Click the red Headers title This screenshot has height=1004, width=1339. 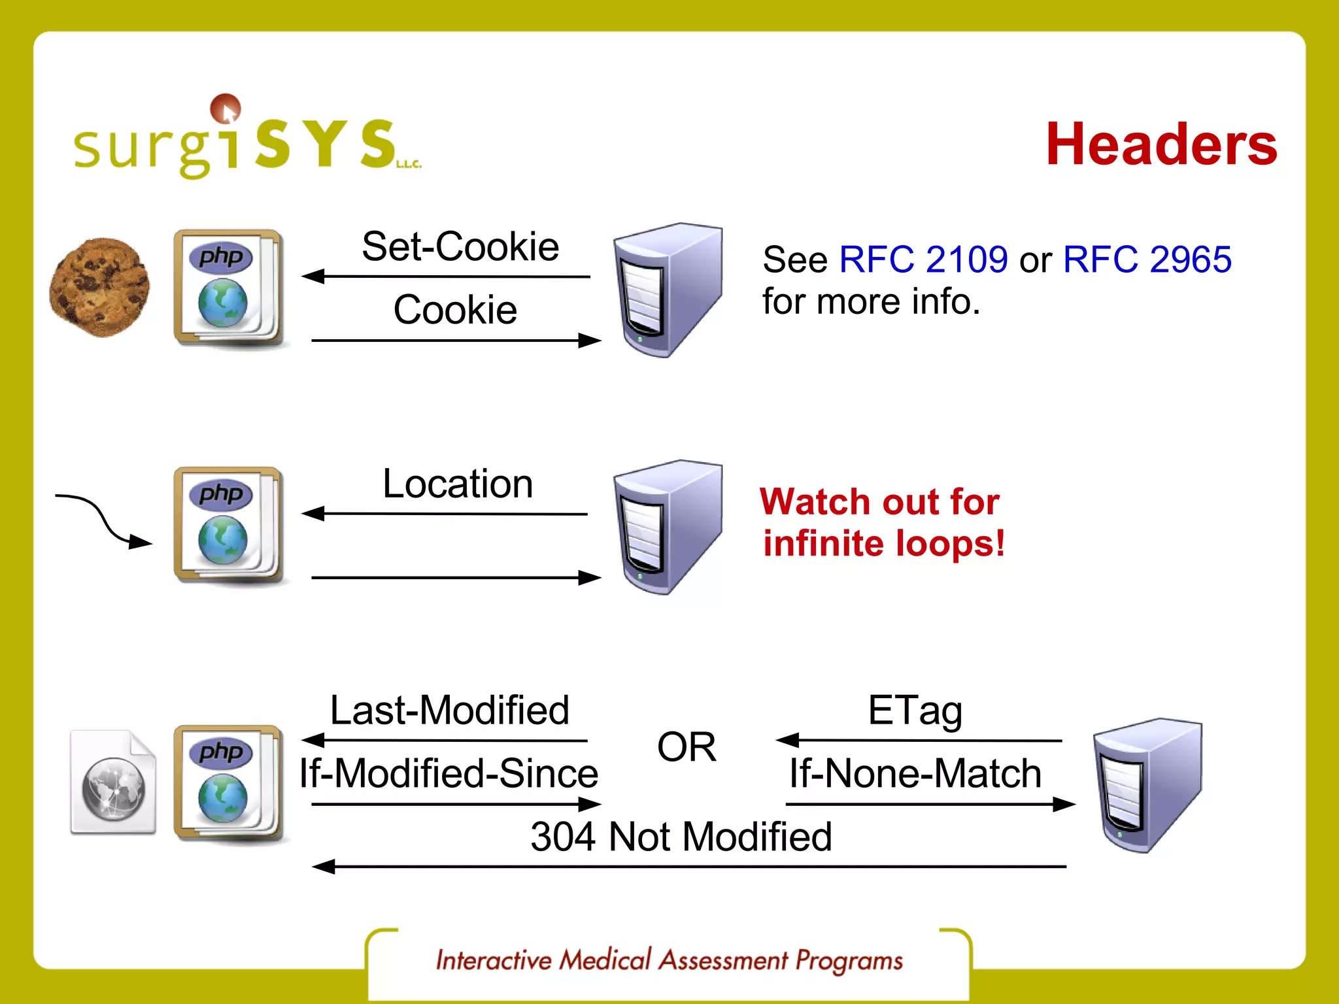[x=1161, y=145]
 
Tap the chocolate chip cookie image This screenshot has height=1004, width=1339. [x=99, y=288]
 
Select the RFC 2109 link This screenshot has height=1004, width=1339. [x=923, y=259]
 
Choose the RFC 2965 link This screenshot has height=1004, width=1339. [x=1147, y=259]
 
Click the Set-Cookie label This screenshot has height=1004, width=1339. [x=460, y=247]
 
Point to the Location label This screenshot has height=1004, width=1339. [x=458, y=484]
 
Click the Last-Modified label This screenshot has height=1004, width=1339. [x=449, y=711]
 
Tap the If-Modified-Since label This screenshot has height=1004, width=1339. [x=449, y=773]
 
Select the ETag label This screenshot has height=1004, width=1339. [x=915, y=711]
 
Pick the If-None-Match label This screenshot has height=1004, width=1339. [x=915, y=773]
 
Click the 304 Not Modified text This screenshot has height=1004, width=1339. [x=681, y=837]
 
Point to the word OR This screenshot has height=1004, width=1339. [x=686, y=747]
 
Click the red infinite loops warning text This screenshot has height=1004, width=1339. [x=882, y=522]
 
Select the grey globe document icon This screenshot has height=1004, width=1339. [x=113, y=782]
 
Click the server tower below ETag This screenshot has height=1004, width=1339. [x=1147, y=784]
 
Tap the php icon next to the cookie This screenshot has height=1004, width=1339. [x=228, y=288]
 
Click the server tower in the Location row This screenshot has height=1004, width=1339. [x=667, y=527]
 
